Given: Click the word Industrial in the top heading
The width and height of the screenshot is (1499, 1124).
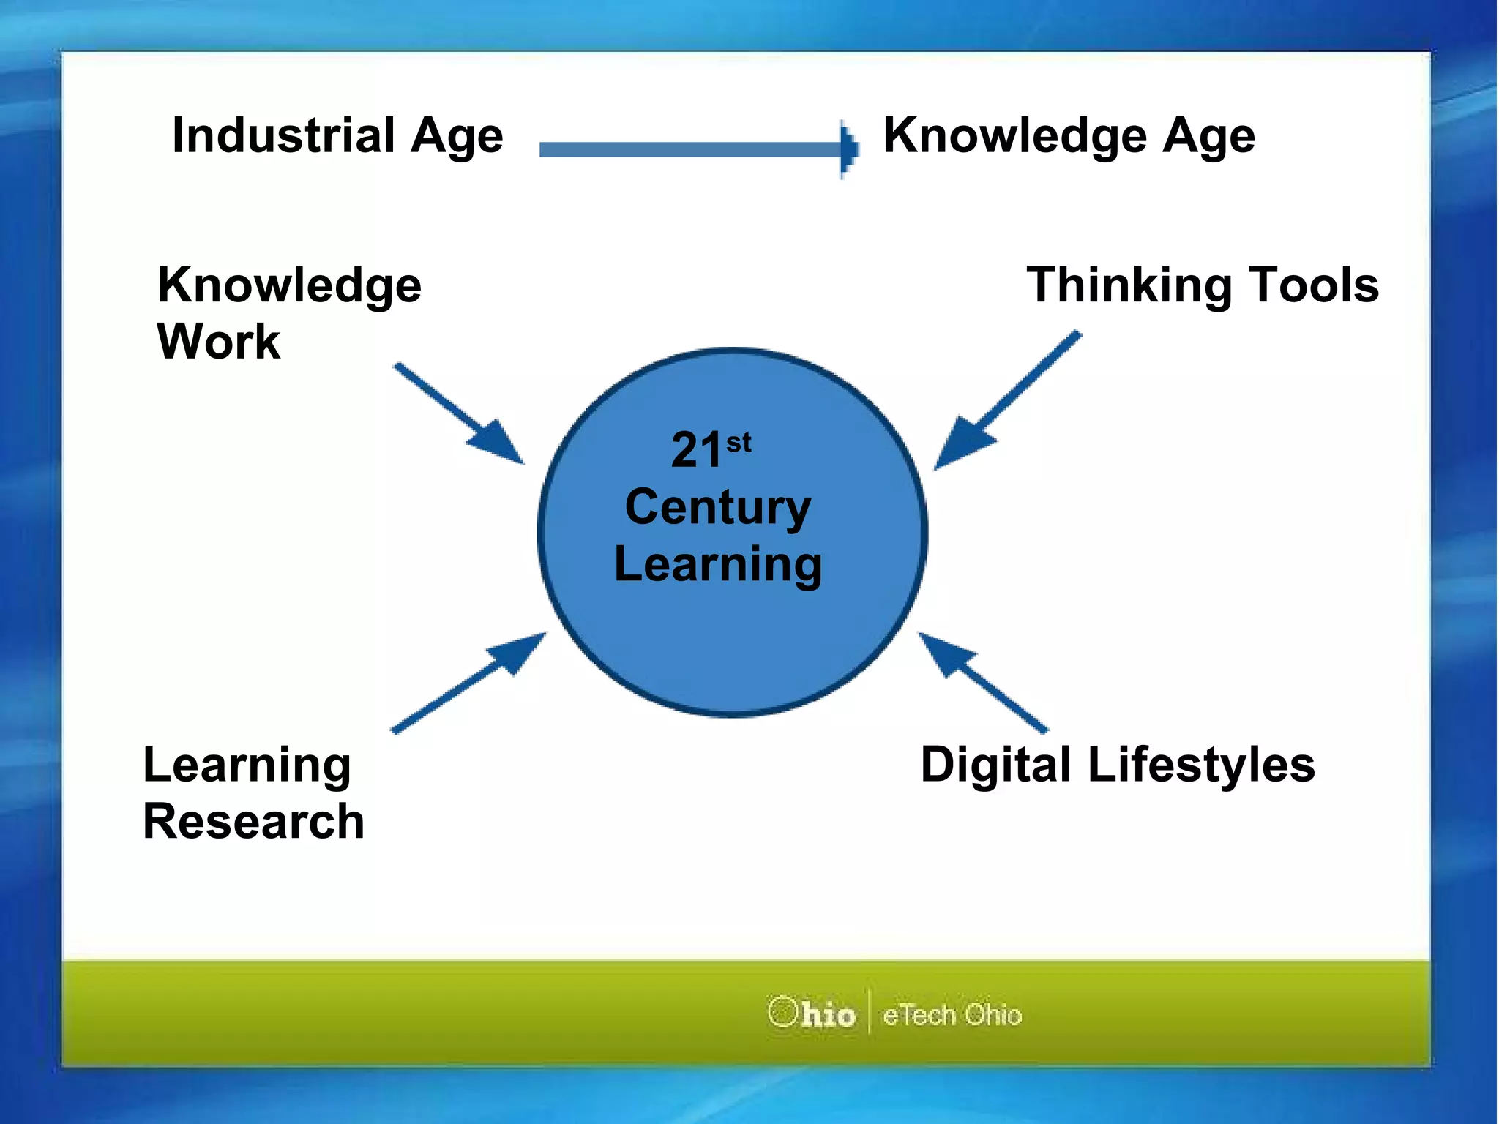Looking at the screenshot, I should click(283, 135).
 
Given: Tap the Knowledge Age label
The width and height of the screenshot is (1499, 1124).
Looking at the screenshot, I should click(1069, 135).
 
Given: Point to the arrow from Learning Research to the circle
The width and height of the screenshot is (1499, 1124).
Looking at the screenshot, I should click(468, 682).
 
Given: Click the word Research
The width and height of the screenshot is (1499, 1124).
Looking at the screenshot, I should click(253, 821).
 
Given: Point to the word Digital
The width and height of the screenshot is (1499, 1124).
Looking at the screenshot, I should click(995, 765).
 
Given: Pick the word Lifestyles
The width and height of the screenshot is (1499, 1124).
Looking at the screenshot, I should click(1201, 765).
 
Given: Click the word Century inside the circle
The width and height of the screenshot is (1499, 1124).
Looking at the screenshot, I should click(718, 507).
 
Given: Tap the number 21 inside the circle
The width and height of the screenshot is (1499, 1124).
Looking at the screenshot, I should click(696, 449).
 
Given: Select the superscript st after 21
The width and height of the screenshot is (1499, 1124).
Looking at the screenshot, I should click(739, 442).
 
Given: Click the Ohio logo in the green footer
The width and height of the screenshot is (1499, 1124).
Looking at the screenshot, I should click(812, 1014).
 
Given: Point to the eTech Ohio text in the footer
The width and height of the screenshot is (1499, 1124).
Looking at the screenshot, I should click(952, 1015).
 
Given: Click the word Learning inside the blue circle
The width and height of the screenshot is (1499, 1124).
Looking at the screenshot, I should click(718, 564).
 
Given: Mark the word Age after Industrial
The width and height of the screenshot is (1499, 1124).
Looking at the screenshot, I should click(457, 137).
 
